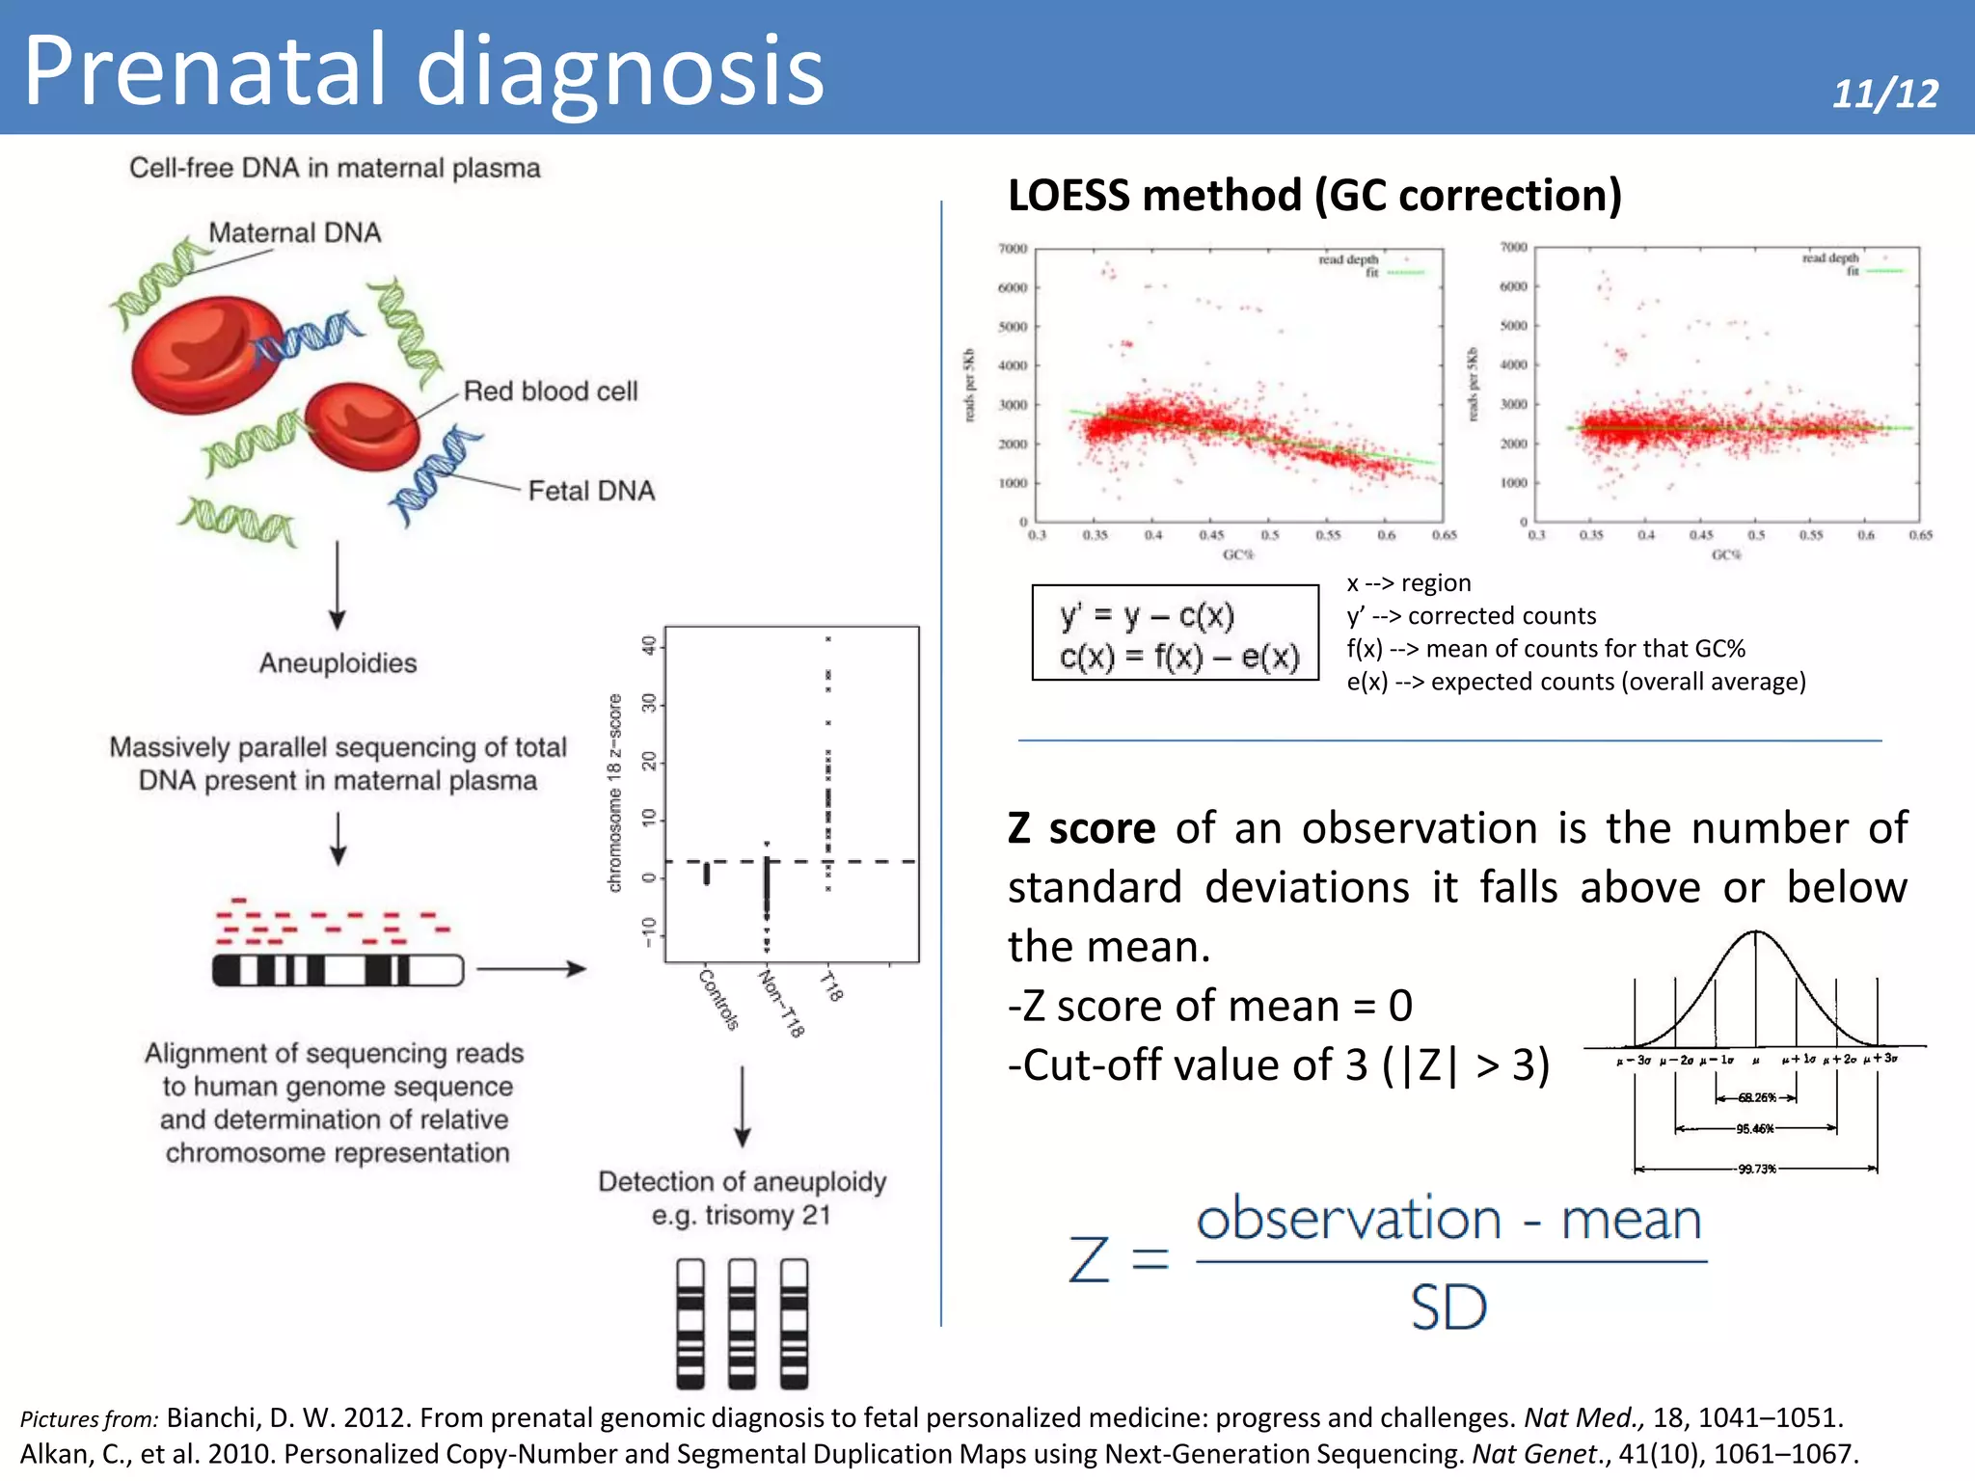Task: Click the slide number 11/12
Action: (1884, 94)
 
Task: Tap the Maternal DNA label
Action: (294, 232)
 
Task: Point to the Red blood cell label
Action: (551, 390)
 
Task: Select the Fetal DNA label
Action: (591, 491)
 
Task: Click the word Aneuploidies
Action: (338, 663)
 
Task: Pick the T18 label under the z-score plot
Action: (832, 986)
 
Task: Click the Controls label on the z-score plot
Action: (718, 1000)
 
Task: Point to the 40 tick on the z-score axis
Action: (649, 644)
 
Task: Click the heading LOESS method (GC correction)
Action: (1314, 196)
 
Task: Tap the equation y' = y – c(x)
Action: (1147, 615)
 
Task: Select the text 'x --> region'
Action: (1408, 582)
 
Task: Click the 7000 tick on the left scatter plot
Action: (1013, 249)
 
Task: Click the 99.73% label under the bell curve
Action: (1756, 1169)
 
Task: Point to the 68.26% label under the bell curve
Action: (1756, 1097)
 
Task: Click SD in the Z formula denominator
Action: (1448, 1308)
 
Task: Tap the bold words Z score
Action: (1081, 828)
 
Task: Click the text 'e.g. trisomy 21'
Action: (741, 1215)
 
